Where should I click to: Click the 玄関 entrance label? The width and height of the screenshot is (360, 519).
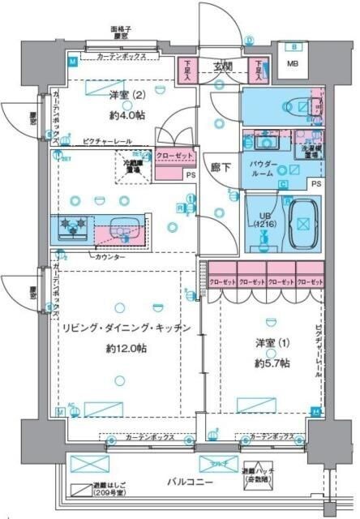tap(222, 66)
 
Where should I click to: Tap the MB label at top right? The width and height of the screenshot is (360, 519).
tap(294, 66)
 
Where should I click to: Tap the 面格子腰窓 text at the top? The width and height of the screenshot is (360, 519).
tap(122, 33)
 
